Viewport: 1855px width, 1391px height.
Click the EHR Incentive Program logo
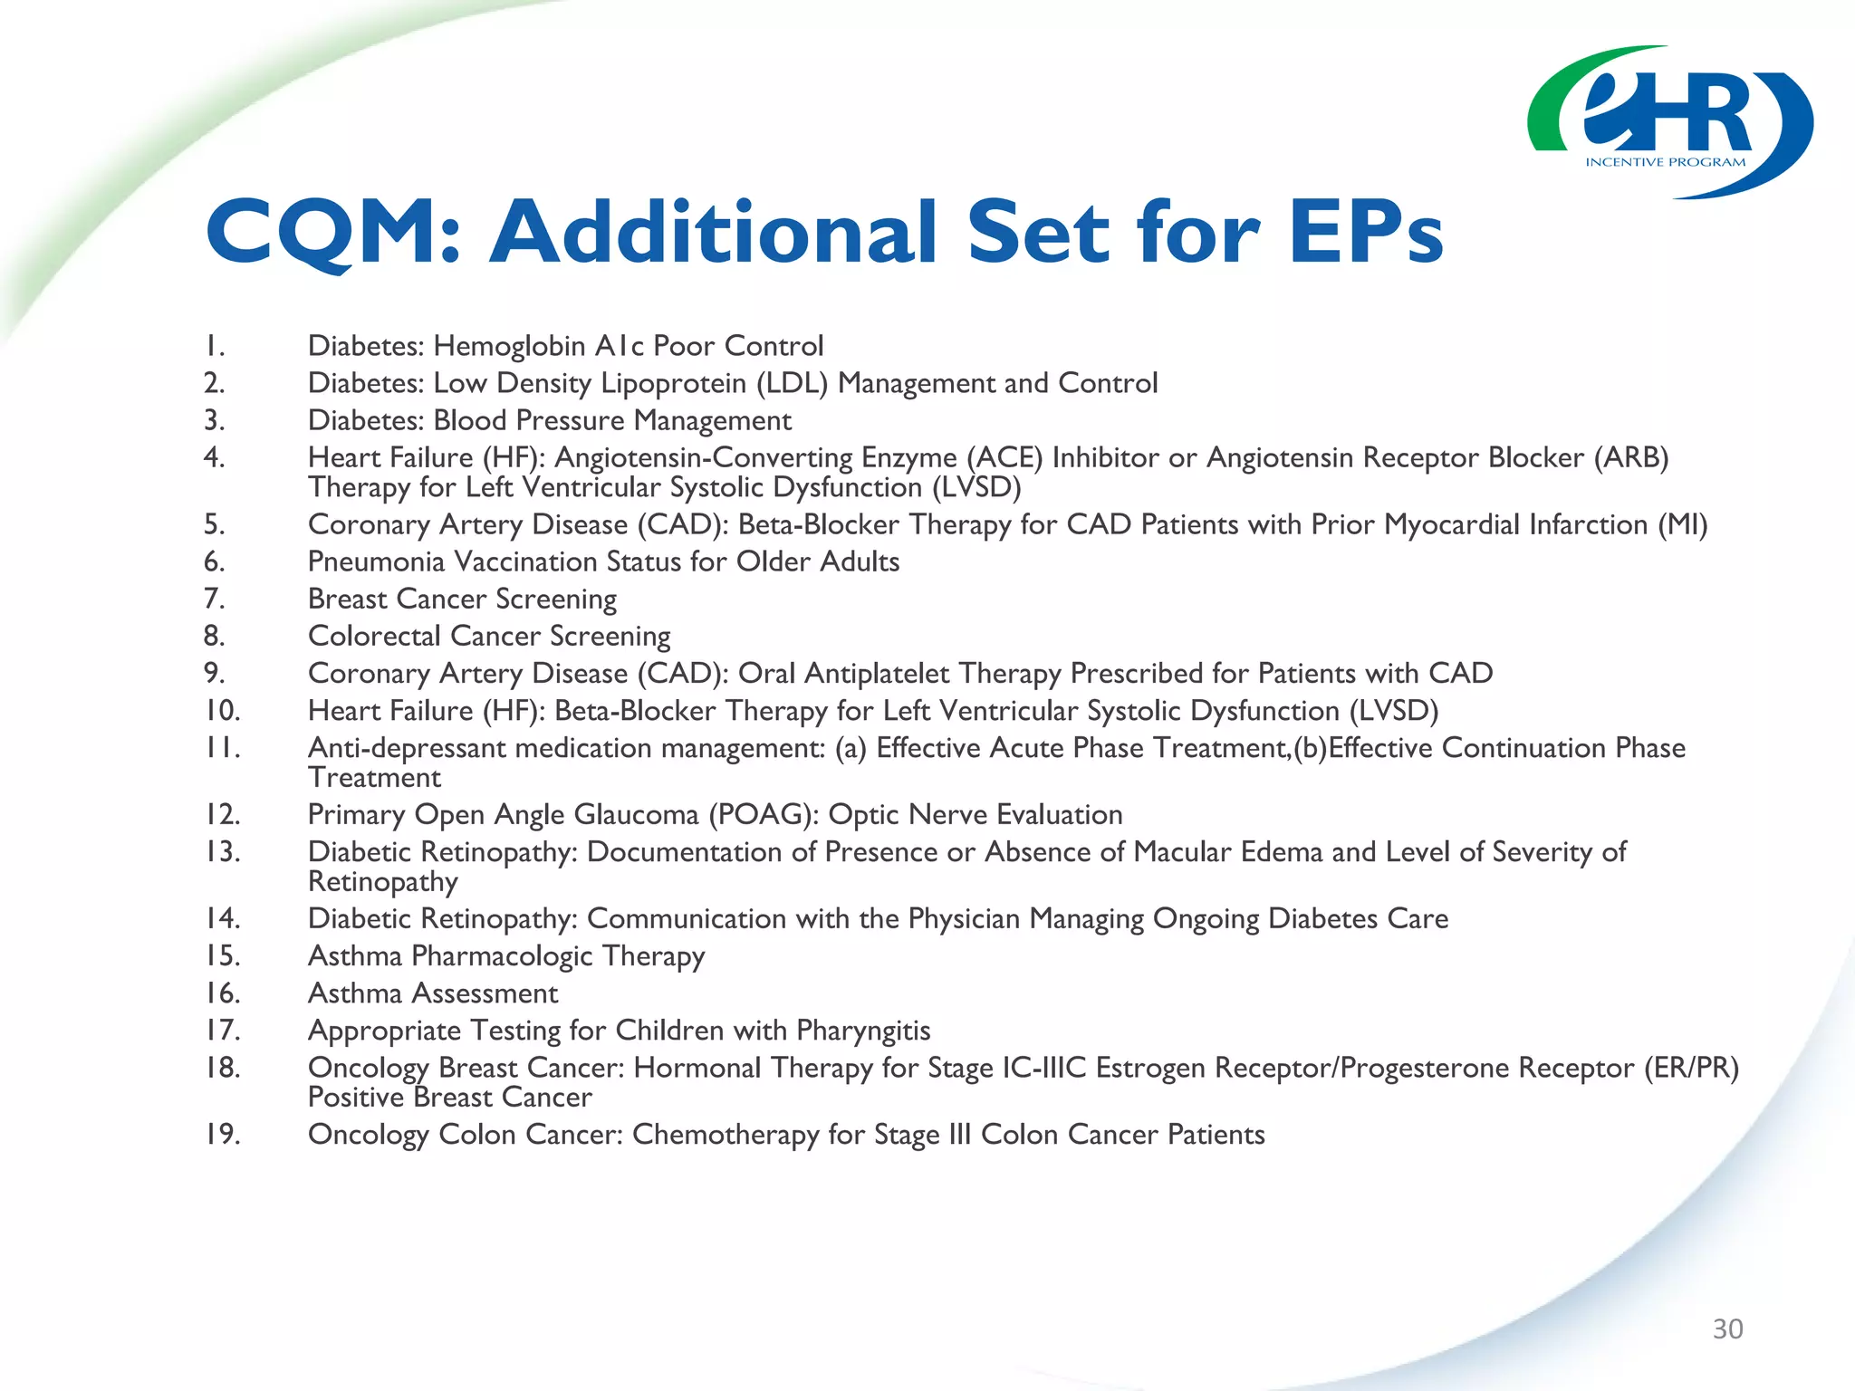(x=1670, y=122)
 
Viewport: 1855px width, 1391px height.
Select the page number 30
(x=1727, y=1329)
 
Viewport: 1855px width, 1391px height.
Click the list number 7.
(x=214, y=599)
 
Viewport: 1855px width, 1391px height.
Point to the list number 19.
(x=222, y=1134)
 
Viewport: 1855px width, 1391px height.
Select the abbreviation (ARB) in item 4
(x=1631, y=457)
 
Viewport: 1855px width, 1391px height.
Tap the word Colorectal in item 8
(x=374, y=636)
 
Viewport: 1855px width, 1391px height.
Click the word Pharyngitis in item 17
(x=863, y=1031)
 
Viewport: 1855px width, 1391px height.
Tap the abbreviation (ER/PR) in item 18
(x=1691, y=1068)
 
